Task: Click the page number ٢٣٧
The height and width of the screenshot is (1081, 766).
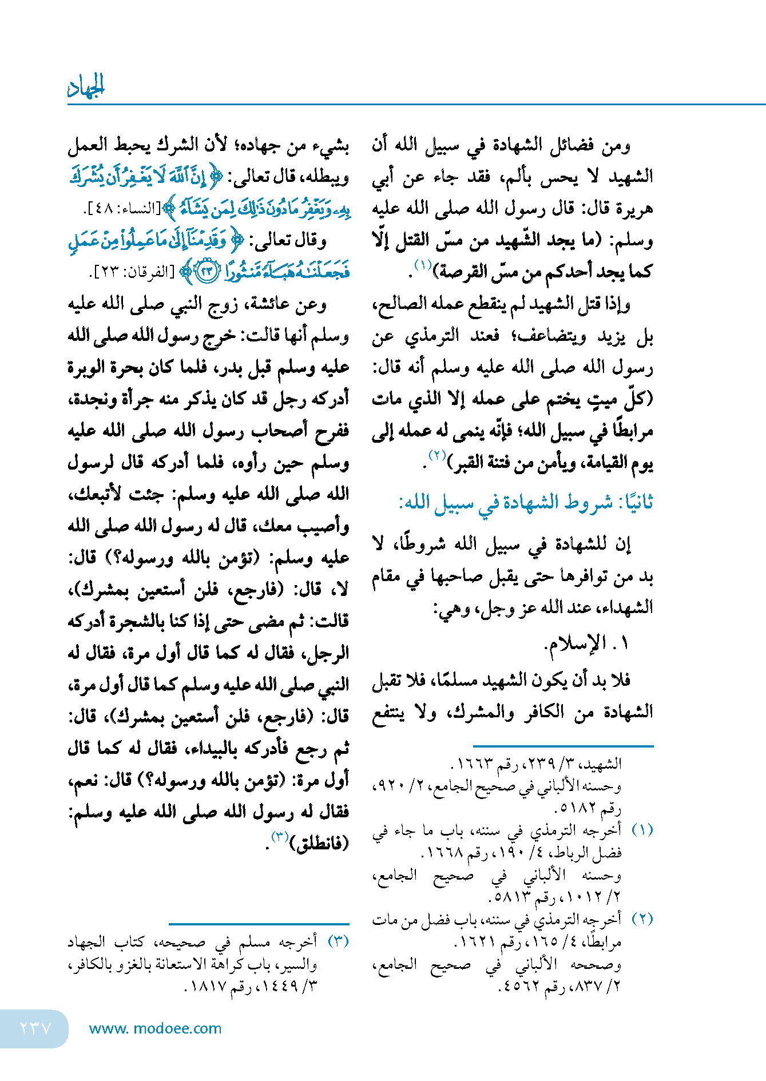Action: (35, 1028)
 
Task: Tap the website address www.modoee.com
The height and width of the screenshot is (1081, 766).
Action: (155, 1028)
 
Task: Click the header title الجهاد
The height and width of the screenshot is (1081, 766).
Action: (86, 87)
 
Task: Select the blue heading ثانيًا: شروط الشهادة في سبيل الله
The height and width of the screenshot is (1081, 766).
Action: (526, 503)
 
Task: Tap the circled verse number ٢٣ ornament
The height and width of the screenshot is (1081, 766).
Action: (206, 271)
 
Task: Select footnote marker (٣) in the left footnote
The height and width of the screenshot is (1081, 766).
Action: (338, 941)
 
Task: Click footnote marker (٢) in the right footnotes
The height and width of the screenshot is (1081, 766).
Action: (642, 919)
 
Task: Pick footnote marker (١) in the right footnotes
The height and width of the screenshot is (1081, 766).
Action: (642, 830)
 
